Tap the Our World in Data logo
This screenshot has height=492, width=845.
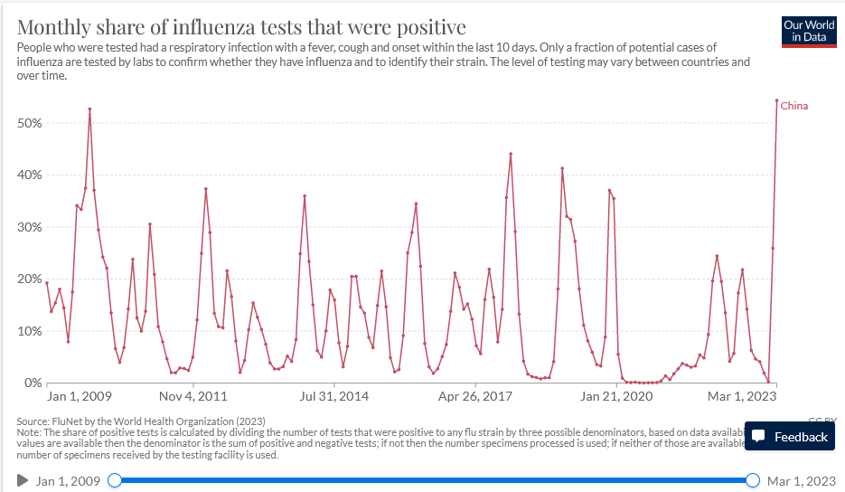pyautogui.click(x=809, y=31)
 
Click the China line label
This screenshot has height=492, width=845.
pyautogui.click(x=793, y=106)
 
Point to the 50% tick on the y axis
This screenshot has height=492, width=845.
pyautogui.click(x=30, y=123)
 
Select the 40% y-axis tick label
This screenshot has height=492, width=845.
pyautogui.click(x=30, y=175)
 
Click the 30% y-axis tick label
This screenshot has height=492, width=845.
pyautogui.click(x=30, y=227)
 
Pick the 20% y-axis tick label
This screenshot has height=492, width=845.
pyautogui.click(x=30, y=279)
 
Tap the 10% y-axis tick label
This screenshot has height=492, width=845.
pyautogui.click(x=30, y=331)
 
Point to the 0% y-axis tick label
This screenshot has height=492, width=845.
pyautogui.click(x=33, y=383)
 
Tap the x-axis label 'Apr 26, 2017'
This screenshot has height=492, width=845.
pyautogui.click(x=474, y=396)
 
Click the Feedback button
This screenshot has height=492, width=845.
pyautogui.click(x=790, y=437)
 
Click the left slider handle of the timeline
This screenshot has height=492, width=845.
pyautogui.click(x=115, y=480)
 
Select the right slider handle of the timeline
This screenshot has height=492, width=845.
pyautogui.click(x=754, y=480)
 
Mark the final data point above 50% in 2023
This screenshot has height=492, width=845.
pyautogui.click(x=776, y=100)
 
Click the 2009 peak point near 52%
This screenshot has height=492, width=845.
pyautogui.click(x=89, y=109)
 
